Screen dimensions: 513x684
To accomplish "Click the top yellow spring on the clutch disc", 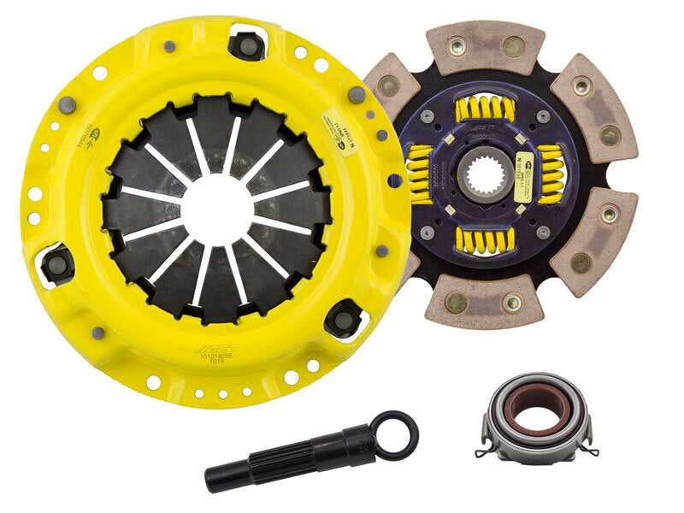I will pyautogui.click(x=485, y=109).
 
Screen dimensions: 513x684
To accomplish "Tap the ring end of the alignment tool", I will pyautogui.click(x=398, y=434).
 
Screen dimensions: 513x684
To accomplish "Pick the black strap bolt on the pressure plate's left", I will pyautogui.click(x=59, y=263).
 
